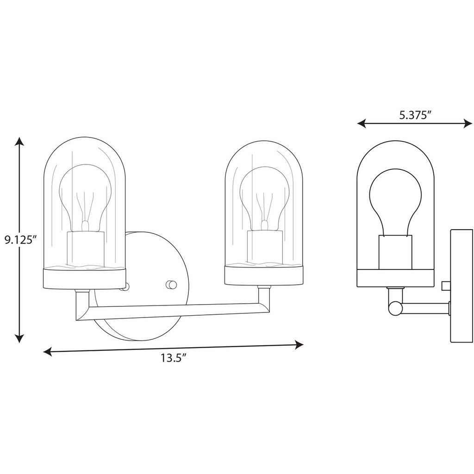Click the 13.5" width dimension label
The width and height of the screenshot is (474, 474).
174,357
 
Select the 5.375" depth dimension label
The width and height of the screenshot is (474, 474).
415,115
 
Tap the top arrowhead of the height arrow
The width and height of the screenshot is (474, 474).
19,141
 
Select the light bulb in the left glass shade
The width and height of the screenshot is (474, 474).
87,194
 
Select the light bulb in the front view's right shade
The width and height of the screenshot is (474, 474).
264,194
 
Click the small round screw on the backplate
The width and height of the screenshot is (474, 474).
171,284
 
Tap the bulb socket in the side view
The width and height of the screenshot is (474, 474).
395,252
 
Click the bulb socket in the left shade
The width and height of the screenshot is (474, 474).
85,249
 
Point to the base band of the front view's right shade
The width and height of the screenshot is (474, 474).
264,276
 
